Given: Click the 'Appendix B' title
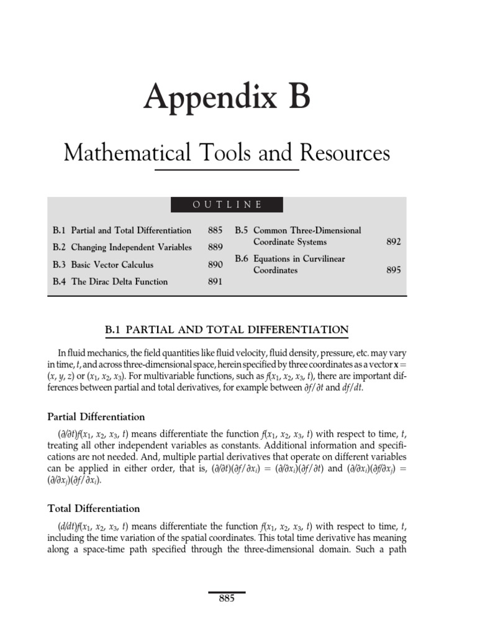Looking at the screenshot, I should (227, 99).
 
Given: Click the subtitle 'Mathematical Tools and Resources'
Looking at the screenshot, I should (227, 152).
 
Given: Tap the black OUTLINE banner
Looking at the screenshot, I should (227, 204).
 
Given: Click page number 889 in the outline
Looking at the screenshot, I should (215, 247).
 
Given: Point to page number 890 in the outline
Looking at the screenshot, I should (215, 265).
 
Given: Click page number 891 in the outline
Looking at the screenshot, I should (215, 281).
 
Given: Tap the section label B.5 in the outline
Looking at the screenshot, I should (242, 230).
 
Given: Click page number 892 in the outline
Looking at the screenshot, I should (393, 242).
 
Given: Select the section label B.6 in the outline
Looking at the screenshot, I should (242, 259).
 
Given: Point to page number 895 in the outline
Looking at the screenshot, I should (393, 270).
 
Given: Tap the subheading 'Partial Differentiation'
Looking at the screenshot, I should (96, 417).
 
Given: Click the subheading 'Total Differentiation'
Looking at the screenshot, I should (94, 509).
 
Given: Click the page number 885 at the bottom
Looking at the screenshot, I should (227, 599).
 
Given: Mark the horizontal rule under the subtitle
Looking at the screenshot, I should (227, 169).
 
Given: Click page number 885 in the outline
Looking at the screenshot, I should (215, 230).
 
